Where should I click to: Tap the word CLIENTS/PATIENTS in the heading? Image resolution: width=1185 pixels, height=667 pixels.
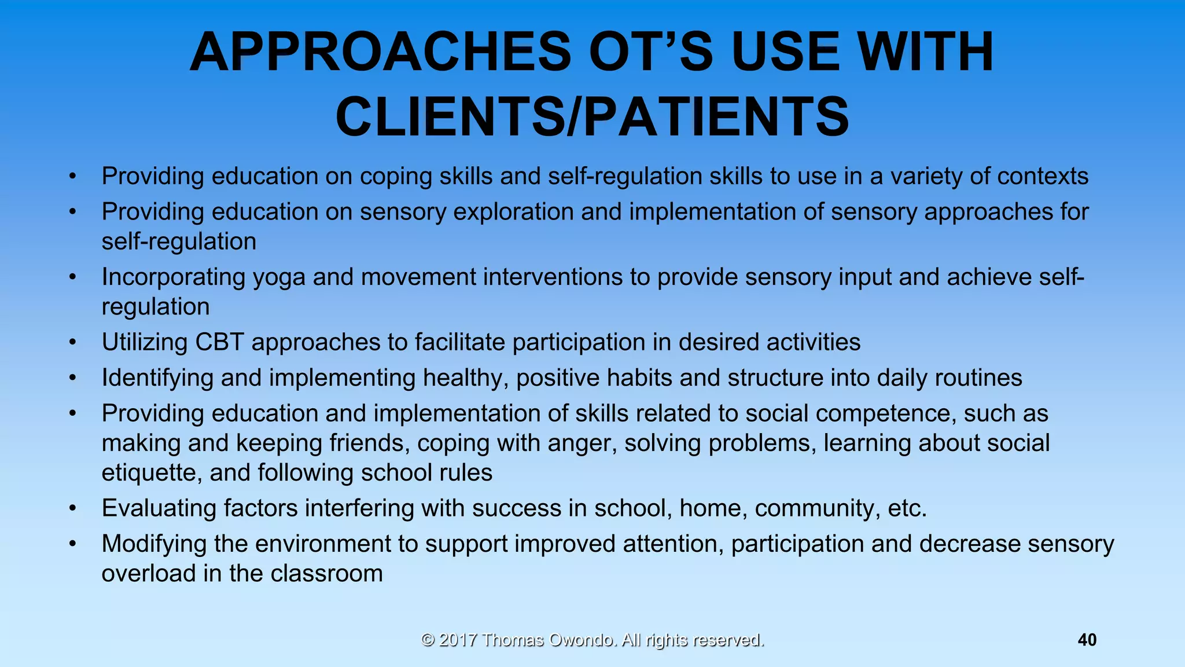point(592,117)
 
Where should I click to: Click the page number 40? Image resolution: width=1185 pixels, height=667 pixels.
point(1087,640)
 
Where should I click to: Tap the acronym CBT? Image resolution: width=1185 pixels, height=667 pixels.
point(219,342)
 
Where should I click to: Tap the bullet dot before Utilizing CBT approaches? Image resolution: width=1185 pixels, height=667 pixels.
point(72,342)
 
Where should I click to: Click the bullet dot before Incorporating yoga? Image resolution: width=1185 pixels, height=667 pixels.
point(72,277)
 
